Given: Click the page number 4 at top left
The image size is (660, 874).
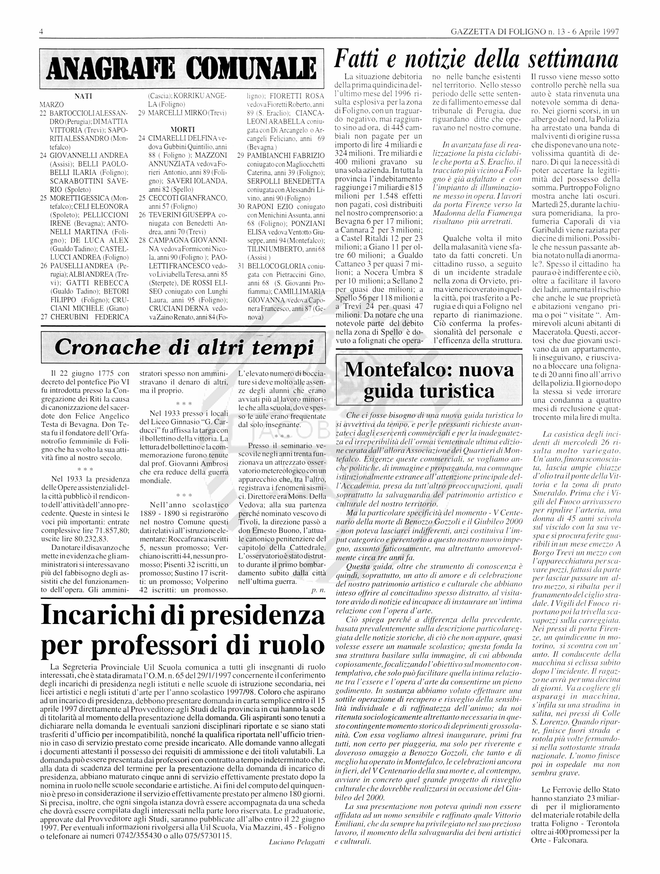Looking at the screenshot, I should (x=41, y=32).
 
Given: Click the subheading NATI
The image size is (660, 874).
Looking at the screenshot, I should (x=83, y=96).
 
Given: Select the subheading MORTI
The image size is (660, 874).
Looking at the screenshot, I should (x=182, y=130).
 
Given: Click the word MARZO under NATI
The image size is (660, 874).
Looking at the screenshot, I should (x=52, y=105).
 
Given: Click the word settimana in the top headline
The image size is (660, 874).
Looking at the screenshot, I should (x=574, y=59).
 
